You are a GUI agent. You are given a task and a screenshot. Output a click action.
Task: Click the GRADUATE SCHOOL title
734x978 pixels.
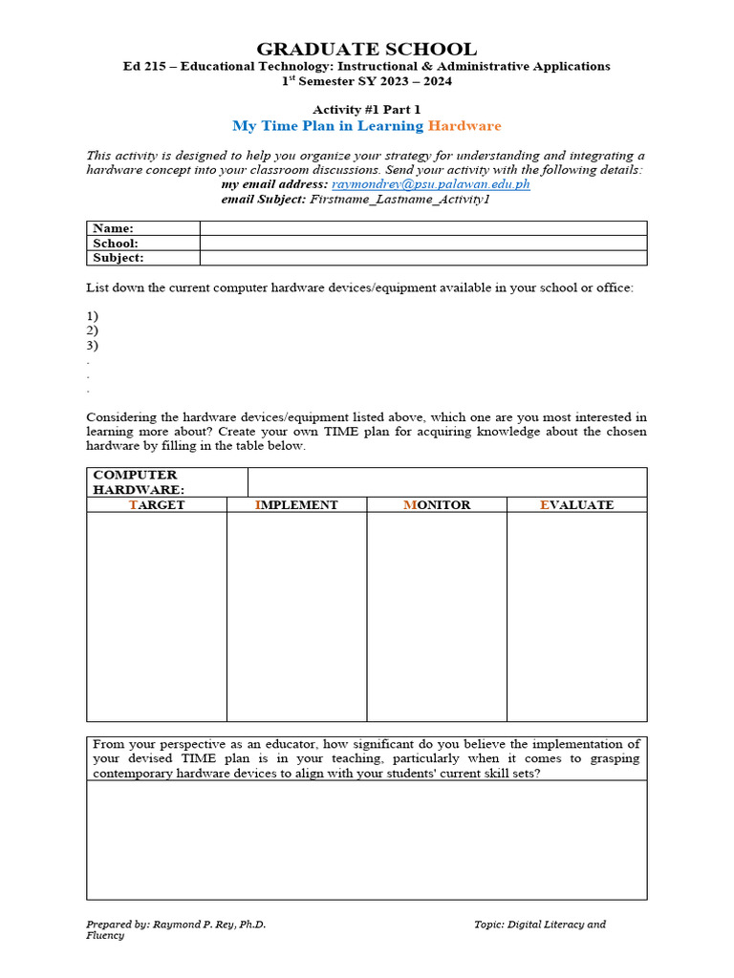click(367, 49)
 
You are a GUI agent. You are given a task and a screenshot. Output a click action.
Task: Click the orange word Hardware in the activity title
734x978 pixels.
click(464, 126)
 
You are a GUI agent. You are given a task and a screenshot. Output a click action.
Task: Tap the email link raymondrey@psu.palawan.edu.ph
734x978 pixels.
click(430, 183)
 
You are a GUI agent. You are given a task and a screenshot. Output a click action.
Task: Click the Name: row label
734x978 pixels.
click(113, 228)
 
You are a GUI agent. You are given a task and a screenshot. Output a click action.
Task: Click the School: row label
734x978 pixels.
click(116, 244)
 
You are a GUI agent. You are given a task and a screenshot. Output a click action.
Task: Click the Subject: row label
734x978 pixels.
click(119, 258)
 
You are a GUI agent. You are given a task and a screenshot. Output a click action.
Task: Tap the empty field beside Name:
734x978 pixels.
click(422, 228)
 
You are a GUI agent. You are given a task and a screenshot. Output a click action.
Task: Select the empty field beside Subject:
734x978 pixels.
click(422, 258)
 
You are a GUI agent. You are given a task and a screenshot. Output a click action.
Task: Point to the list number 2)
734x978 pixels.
click(93, 330)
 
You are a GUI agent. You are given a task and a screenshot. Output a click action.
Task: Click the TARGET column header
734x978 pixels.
click(157, 504)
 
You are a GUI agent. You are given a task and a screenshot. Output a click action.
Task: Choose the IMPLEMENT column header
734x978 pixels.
click(296, 504)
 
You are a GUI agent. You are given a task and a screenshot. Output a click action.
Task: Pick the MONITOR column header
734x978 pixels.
click(437, 504)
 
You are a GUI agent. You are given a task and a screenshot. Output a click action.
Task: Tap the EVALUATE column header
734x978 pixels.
click(576, 504)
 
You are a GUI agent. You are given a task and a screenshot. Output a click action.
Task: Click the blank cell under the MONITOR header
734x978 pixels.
click(437, 616)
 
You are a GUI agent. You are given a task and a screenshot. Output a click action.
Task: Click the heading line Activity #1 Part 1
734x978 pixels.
click(367, 110)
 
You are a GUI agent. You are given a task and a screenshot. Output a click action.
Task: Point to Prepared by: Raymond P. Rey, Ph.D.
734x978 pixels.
click(176, 924)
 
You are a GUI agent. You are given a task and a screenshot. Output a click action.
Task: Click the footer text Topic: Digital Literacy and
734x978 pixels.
click(540, 924)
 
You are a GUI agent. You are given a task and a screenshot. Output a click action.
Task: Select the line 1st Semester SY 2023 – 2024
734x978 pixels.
click(367, 81)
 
